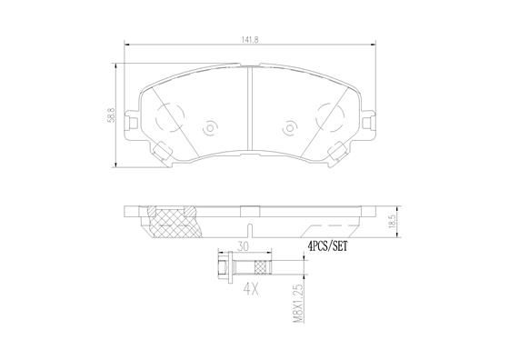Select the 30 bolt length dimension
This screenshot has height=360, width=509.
coord(243,245)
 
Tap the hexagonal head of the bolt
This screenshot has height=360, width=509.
coord(223,265)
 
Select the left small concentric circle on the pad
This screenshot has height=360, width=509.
coord(211,127)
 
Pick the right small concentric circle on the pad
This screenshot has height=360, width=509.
coord(291,127)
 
